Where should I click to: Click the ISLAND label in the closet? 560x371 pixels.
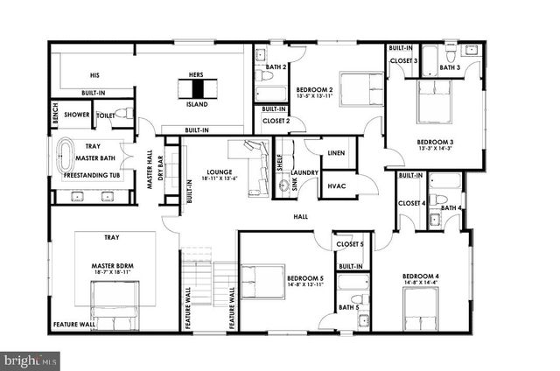point(197,102)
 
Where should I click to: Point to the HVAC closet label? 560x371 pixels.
point(336,185)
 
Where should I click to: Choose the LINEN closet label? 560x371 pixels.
point(336,153)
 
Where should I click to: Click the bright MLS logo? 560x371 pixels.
point(31,359)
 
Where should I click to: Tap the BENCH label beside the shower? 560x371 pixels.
point(54,114)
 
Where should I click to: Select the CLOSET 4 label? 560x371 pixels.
point(410,204)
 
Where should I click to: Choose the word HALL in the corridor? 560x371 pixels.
point(300,216)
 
